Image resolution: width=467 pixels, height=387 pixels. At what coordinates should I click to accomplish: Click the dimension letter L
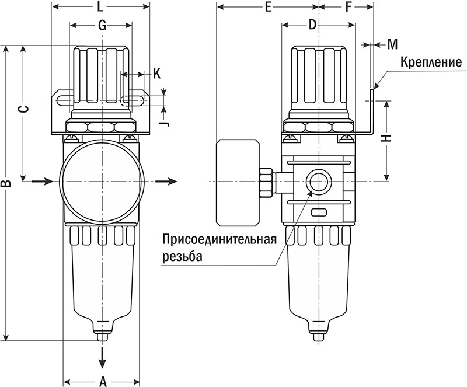pos(100,8)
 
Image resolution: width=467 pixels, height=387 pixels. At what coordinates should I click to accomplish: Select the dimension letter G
pos(102,25)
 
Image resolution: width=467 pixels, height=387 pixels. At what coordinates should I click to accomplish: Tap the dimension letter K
pos(156,74)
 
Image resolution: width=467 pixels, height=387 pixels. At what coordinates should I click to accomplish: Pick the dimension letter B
pos(6,184)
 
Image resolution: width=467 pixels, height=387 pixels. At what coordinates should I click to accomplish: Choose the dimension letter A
pos(103,381)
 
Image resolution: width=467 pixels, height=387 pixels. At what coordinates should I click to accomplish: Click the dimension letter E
pos(268,8)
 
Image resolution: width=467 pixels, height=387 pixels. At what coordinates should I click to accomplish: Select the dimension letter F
pos(348,8)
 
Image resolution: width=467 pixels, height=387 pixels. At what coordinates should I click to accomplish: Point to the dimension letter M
pos(392,44)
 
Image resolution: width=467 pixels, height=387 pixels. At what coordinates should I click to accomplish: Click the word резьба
pos(182,256)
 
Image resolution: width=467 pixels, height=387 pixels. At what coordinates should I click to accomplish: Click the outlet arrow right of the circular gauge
pos(168,182)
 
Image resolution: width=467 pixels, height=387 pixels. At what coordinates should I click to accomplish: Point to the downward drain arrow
pos(103,355)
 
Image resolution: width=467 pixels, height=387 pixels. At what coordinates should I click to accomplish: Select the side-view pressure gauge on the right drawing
pos(236,182)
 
